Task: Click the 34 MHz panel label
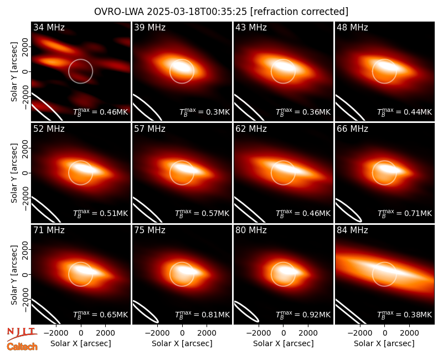(49, 27)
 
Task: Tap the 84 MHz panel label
(352, 230)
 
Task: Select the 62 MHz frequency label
(251, 129)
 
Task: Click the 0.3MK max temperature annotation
(218, 112)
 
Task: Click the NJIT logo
(22, 334)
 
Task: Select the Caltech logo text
(22, 347)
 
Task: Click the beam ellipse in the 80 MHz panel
(246, 312)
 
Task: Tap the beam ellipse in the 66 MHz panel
(349, 210)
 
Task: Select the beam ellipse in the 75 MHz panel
(146, 311)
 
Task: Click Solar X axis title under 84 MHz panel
(384, 343)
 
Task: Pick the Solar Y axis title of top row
(14, 72)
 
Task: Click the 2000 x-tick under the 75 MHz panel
(207, 333)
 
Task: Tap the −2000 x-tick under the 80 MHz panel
(259, 333)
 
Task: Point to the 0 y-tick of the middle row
(25, 173)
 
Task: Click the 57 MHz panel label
(150, 129)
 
